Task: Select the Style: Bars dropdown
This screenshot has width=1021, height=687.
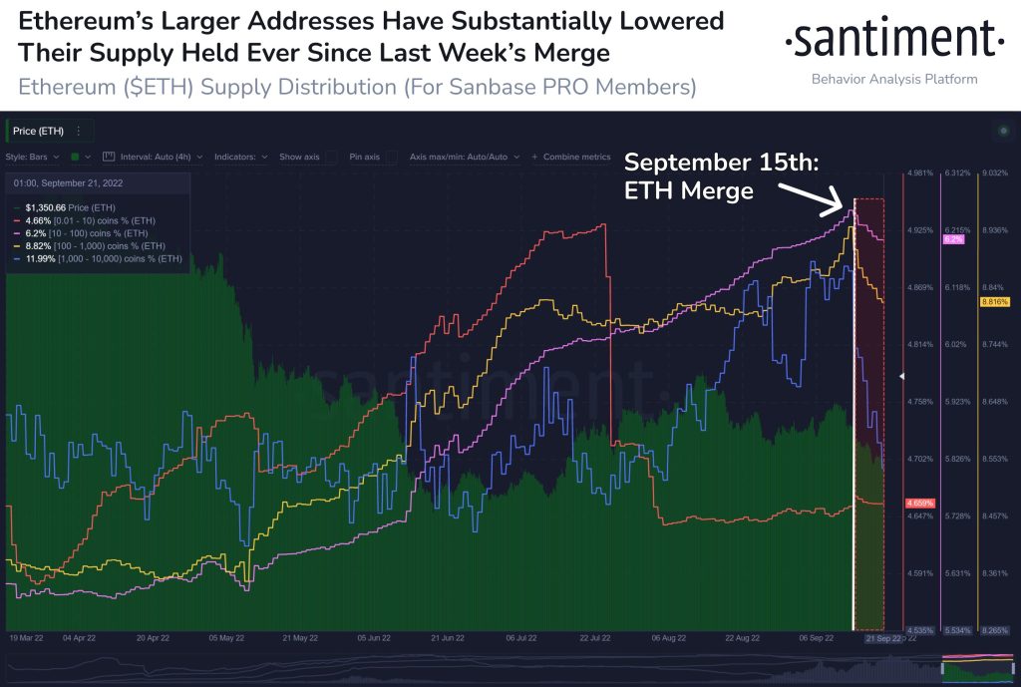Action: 34,157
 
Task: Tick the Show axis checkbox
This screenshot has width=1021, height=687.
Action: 330,157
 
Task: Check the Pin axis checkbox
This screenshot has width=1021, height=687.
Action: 392,157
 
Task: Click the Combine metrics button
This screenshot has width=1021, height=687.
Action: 570,157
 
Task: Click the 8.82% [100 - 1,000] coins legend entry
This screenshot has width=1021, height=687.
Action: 96,245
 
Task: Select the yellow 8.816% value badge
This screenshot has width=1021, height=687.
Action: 995,301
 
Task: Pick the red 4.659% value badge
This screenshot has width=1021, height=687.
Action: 918,502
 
